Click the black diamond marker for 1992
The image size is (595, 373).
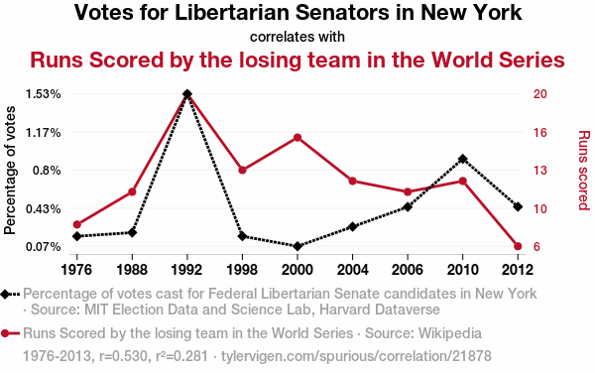[x=187, y=93]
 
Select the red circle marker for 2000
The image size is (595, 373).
[x=297, y=137]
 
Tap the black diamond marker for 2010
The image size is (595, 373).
[x=463, y=159]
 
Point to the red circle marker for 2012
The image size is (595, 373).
[x=518, y=246]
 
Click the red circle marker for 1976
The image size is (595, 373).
[x=77, y=224]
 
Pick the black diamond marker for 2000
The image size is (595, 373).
[x=297, y=246]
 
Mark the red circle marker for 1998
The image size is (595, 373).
[x=243, y=170]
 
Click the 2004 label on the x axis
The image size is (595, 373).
[x=353, y=269]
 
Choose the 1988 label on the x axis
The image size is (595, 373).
[x=132, y=269]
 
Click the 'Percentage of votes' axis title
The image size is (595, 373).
[x=11, y=170]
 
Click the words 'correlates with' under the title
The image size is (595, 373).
[x=297, y=37]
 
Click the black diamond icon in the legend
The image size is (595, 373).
[x=8, y=295]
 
